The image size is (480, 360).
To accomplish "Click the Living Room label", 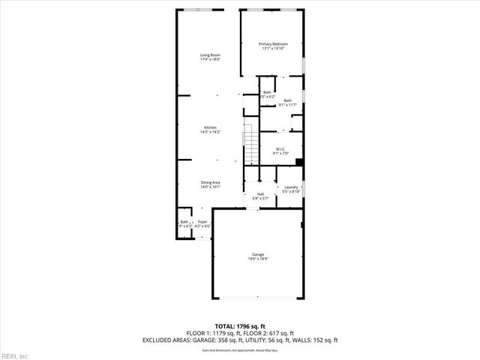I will pos(209,55).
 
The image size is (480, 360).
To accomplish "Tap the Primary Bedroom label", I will pos(273,44).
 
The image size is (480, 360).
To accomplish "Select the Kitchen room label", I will pos(209,127).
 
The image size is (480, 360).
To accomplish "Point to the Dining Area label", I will pos(209,182).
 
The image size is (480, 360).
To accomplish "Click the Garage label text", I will pos(257,254).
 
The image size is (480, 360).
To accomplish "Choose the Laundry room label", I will pos(291,187).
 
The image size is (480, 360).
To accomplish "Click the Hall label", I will pos(260,194).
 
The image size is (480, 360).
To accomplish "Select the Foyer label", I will pos(202,221).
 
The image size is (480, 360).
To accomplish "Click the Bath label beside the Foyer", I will pos(184,221).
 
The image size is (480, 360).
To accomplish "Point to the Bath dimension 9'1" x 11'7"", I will pos(287,105).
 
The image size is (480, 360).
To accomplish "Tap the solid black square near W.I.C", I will pos(299,161).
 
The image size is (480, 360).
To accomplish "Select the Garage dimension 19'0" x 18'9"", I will pos(257,259).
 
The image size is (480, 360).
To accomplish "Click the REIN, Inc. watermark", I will pos(15,355).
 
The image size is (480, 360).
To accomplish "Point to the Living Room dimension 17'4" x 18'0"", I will pos(209,60).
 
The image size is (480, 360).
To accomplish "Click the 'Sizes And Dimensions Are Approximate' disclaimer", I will pos(239,349).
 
